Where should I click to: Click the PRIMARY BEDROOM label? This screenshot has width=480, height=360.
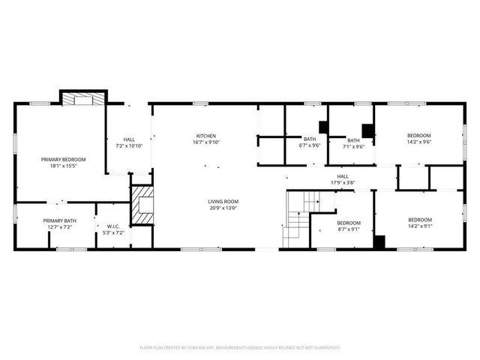pos(63,159)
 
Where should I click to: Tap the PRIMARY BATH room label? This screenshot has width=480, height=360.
pos(60,220)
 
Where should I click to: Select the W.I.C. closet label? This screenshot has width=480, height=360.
pos(113,226)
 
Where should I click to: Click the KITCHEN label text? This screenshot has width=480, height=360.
pos(206,135)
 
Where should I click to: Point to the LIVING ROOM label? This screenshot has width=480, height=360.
pos(223,201)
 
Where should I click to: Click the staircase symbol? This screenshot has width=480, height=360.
pos(298,217)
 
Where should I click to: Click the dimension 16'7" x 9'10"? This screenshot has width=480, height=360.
pos(206,142)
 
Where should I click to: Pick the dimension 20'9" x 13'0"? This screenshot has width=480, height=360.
pos(223,208)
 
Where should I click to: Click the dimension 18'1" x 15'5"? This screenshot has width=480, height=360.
pos(63,166)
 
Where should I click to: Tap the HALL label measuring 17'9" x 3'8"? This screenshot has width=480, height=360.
pos(342,176)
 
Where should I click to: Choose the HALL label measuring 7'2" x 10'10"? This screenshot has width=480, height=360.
pos(129,139)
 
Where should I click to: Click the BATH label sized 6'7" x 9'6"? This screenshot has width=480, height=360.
pos(310,139)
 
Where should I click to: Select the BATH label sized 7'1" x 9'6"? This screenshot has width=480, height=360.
pos(353,139)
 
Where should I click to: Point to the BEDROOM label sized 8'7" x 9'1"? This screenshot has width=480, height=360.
pos(349,223)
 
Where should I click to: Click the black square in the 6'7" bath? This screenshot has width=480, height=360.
pos(323,126)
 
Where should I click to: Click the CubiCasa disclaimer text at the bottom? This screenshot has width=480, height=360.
pos(240,348)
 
